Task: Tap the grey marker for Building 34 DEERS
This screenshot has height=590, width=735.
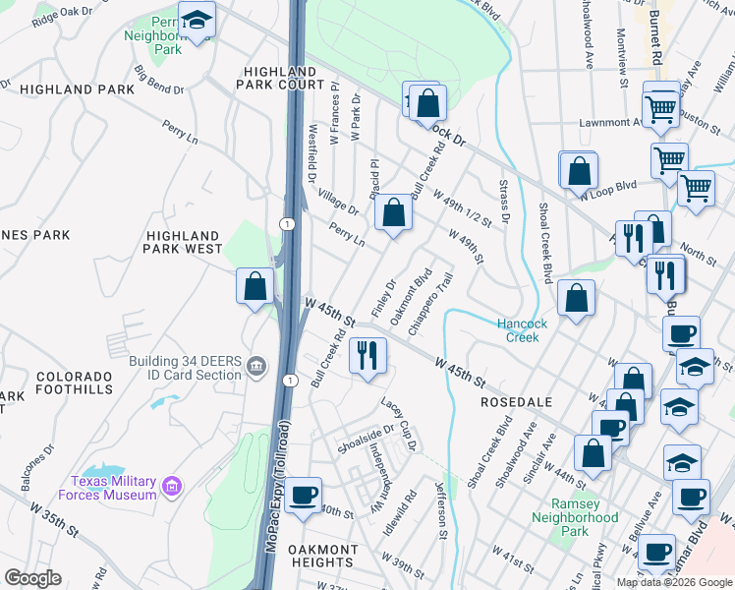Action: pyautogui.click(x=257, y=368)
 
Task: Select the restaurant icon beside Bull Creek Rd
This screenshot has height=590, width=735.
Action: pyautogui.click(x=367, y=355)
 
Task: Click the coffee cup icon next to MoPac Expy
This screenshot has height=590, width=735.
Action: pyautogui.click(x=304, y=494)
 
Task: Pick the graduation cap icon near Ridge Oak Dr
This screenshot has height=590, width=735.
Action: pyautogui.click(x=197, y=20)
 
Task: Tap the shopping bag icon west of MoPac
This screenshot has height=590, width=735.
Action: pyautogui.click(x=254, y=286)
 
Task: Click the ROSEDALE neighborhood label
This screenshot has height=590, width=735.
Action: pyautogui.click(x=516, y=403)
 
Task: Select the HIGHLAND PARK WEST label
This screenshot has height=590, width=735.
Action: pyautogui.click(x=183, y=243)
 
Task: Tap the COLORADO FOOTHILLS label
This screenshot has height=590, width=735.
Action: pyautogui.click(x=75, y=383)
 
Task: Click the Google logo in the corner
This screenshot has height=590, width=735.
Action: pyautogui.click(x=32, y=578)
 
